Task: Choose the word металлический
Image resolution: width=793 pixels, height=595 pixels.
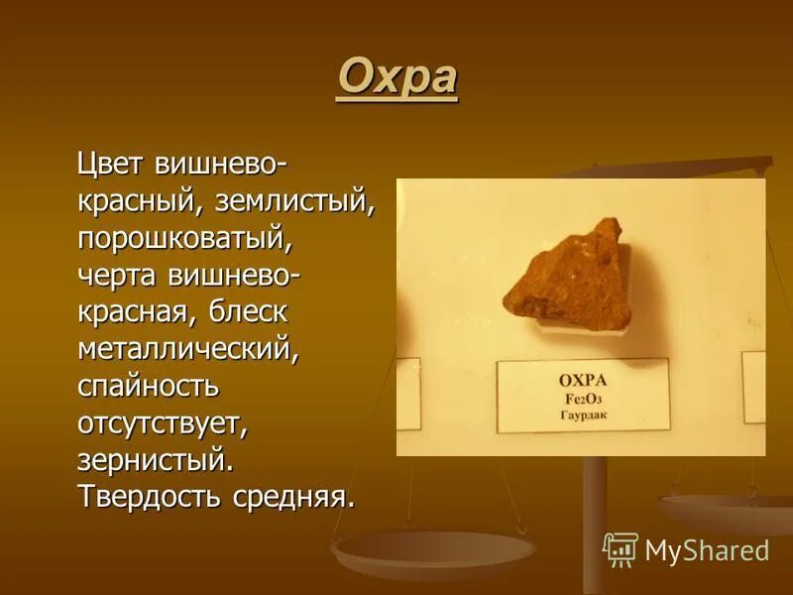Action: coord(188,348)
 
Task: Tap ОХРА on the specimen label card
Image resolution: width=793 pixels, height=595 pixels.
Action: coord(582,379)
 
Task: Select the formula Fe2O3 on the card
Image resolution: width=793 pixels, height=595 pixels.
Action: coord(582,397)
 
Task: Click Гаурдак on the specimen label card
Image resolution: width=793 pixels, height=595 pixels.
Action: coord(582,415)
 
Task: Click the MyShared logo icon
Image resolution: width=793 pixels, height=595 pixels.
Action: coord(621,548)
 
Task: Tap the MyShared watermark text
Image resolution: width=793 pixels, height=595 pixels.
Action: coord(707,550)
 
